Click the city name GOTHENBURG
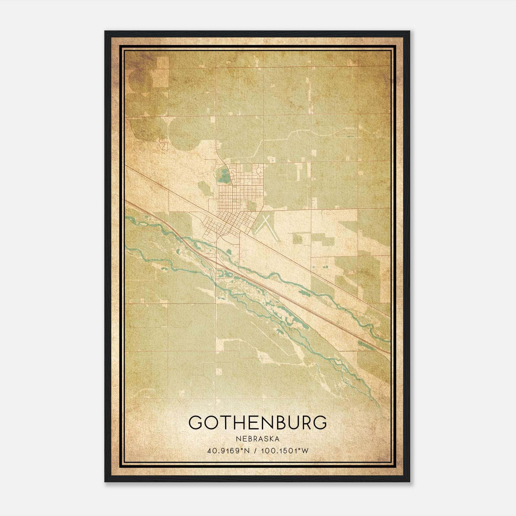[258, 422]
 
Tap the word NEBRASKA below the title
[258, 439]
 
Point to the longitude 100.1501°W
[284, 451]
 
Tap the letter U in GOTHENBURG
[294, 422]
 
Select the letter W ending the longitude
[305, 451]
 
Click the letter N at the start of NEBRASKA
[238, 439]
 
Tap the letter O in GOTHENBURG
[210, 422]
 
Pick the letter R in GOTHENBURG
[306, 422]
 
